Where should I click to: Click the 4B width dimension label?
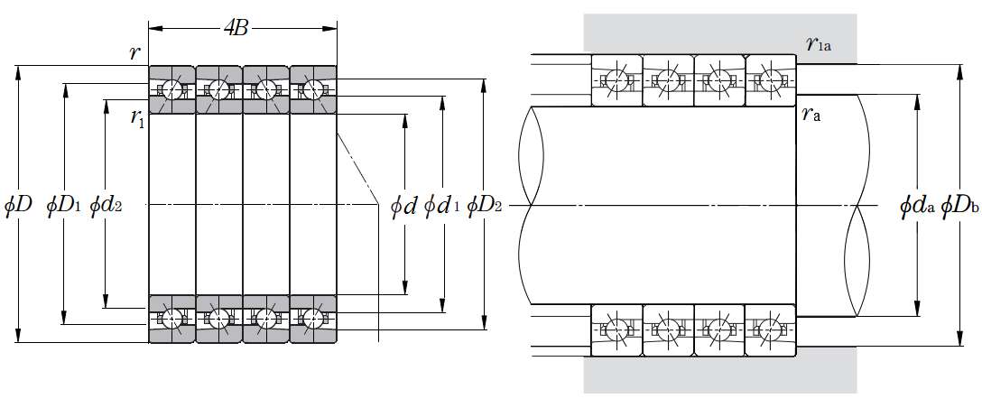click(x=236, y=28)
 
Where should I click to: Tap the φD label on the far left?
click(x=18, y=206)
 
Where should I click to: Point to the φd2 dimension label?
click(x=106, y=206)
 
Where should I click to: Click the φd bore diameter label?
click(x=403, y=207)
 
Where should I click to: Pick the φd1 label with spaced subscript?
click(x=442, y=207)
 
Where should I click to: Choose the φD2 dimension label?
click(x=486, y=206)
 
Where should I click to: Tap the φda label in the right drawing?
click(x=917, y=207)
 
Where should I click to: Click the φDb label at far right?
click(x=959, y=207)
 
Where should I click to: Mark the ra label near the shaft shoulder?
click(x=811, y=115)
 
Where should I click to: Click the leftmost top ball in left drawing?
click(x=171, y=89)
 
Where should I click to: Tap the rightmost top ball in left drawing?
click(x=313, y=89)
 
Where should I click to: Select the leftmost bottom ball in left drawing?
click(x=171, y=319)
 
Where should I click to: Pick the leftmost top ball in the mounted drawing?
click(x=616, y=78)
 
